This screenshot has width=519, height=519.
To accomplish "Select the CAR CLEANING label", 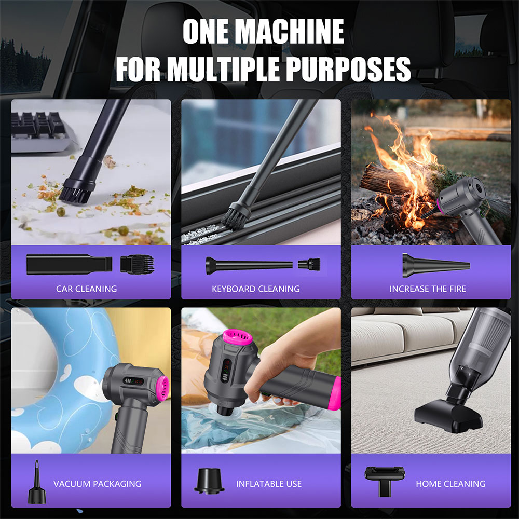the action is click(86, 289).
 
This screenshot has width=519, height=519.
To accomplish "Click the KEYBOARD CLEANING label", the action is click(256, 289).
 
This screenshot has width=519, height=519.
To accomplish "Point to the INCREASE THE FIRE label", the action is click(428, 289).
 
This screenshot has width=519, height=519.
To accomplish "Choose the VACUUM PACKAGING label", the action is click(98, 484).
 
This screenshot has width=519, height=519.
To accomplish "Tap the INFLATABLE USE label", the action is click(269, 484).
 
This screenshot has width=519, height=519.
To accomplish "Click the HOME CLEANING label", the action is click(450, 484).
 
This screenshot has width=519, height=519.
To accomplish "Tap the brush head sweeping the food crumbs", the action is click(75, 192).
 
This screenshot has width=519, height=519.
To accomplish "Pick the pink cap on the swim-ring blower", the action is click(162, 389).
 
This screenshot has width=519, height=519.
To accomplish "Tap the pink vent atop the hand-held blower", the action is click(237, 337).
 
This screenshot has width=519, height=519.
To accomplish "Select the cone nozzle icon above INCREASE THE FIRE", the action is click(436, 265).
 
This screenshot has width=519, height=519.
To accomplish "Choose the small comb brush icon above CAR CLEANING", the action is click(137, 264).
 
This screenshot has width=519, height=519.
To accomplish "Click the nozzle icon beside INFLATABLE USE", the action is click(209, 481).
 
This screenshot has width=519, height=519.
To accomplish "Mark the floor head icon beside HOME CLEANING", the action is click(385, 481).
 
